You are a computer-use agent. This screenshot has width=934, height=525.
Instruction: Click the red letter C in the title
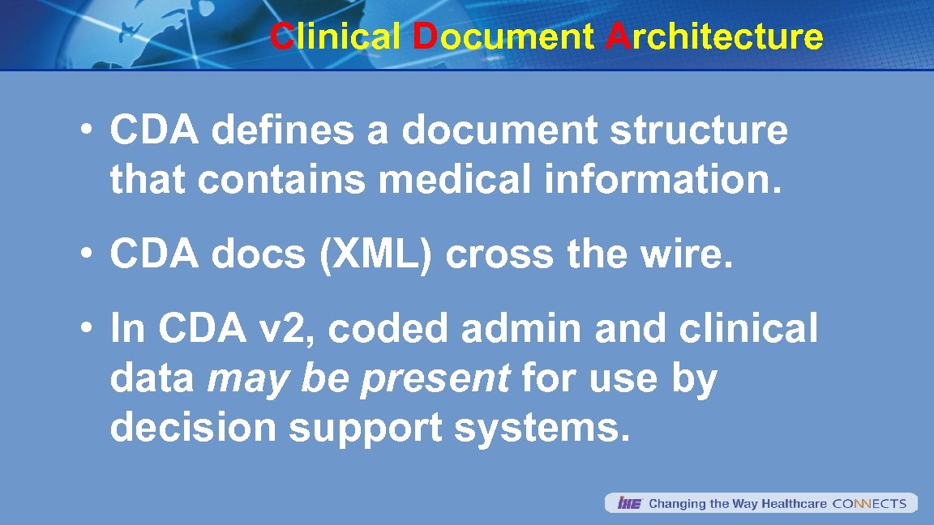pos(281,36)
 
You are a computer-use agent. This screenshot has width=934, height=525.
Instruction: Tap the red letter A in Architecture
pos(617,36)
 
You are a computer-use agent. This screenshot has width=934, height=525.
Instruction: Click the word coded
pos(388,330)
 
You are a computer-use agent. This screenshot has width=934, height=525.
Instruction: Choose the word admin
pos(520,330)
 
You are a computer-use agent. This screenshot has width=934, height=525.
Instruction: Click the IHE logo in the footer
pos(629,504)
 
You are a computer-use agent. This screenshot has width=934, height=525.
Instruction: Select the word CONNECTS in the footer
pos(869,504)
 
